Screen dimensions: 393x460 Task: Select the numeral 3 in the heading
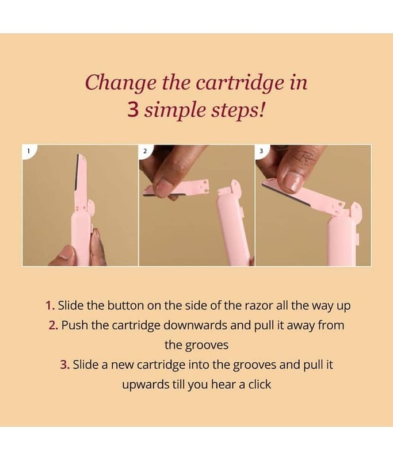pyautogui.click(x=133, y=110)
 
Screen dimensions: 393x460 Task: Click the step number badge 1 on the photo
pyautogui.click(x=28, y=151)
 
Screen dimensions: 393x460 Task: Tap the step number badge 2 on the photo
pyautogui.click(x=144, y=151)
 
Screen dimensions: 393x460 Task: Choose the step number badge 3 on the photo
pyautogui.click(x=261, y=151)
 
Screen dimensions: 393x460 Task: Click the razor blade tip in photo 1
pyautogui.click(x=79, y=155)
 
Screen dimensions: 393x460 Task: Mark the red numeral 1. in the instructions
pyautogui.click(x=50, y=305)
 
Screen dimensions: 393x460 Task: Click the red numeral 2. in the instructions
pyautogui.click(x=54, y=325)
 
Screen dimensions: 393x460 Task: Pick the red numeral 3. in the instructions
pyautogui.click(x=65, y=365)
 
